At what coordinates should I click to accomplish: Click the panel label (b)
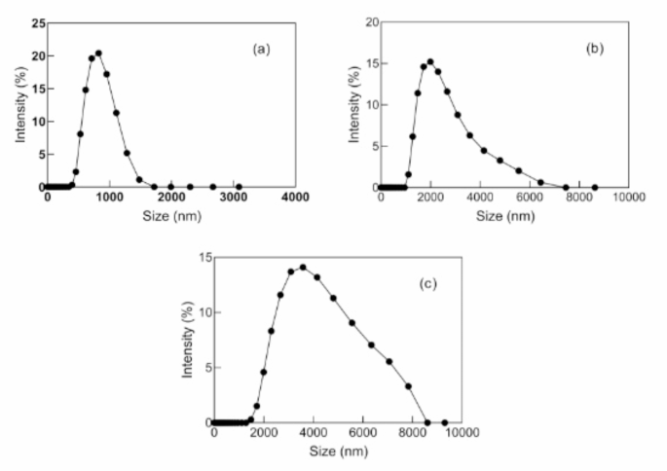tap(598, 46)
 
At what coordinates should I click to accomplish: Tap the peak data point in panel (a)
tap(98, 54)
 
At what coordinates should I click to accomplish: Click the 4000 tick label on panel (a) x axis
tap(295, 198)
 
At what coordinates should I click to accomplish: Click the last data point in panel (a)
tap(239, 187)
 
